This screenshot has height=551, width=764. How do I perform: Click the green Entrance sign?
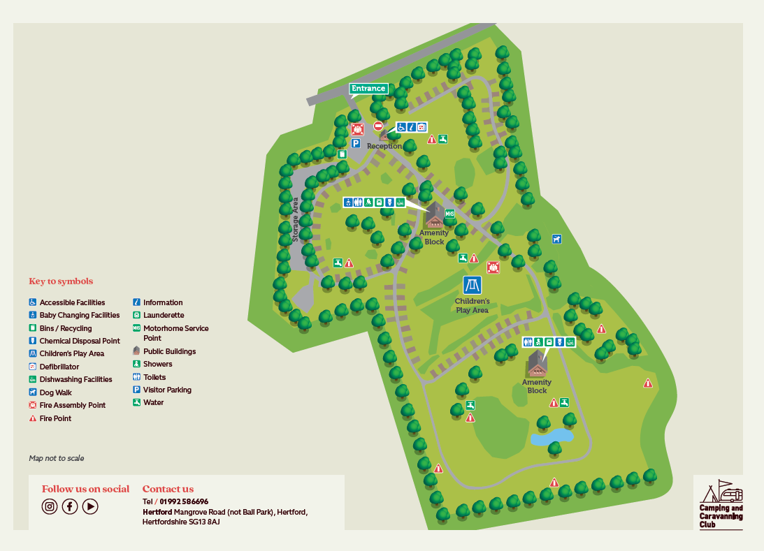[368, 89]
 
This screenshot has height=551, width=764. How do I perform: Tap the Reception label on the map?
[384, 146]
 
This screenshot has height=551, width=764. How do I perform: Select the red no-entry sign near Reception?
[378, 126]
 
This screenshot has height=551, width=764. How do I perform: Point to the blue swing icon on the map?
[472, 285]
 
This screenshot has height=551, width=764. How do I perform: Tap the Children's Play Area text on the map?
[472, 305]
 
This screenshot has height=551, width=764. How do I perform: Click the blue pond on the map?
[552, 437]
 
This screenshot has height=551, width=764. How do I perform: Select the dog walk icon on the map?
[556, 239]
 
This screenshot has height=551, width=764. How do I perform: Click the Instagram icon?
[50, 507]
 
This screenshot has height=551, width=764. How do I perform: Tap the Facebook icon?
[70, 507]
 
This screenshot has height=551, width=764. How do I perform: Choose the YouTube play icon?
[90, 507]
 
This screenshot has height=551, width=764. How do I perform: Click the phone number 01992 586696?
[184, 501]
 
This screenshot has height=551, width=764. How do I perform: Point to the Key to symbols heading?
[61, 281]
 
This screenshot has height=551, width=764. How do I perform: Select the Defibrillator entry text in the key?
[59, 367]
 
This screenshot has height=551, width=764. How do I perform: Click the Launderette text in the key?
[164, 315]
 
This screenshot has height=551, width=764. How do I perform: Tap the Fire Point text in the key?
[55, 418]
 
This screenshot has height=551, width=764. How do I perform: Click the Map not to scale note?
[56, 458]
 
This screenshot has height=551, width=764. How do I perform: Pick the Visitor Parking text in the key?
[167, 390]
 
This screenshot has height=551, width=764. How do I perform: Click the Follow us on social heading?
[85, 489]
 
